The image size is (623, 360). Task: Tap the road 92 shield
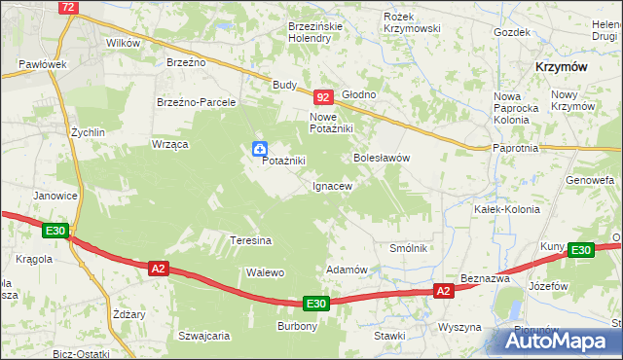pos(324,97)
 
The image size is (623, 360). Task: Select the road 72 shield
pos(67,7)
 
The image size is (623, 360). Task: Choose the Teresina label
pos(250,239)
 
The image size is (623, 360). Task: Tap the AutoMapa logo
pos(562,342)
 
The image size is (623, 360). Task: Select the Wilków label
pos(124,43)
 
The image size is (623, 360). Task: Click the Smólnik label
pos(409,248)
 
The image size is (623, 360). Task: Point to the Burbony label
pos(298,326)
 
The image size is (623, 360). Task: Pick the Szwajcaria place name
pos(203,336)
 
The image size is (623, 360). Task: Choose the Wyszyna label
pos(460,327)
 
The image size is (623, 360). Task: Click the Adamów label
pos(346,270)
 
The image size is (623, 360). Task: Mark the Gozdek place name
pos(511,32)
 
